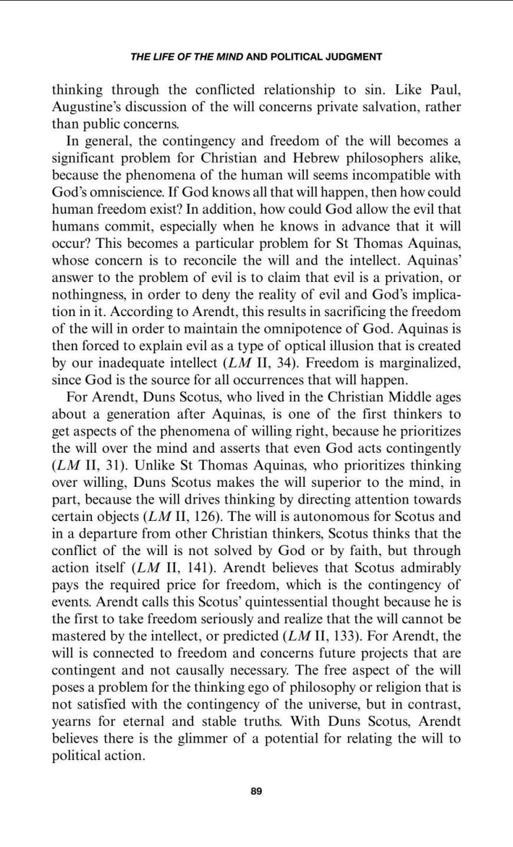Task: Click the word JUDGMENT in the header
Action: pos(355,57)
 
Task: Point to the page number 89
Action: pos(256,792)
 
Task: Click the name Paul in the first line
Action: pos(444,91)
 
